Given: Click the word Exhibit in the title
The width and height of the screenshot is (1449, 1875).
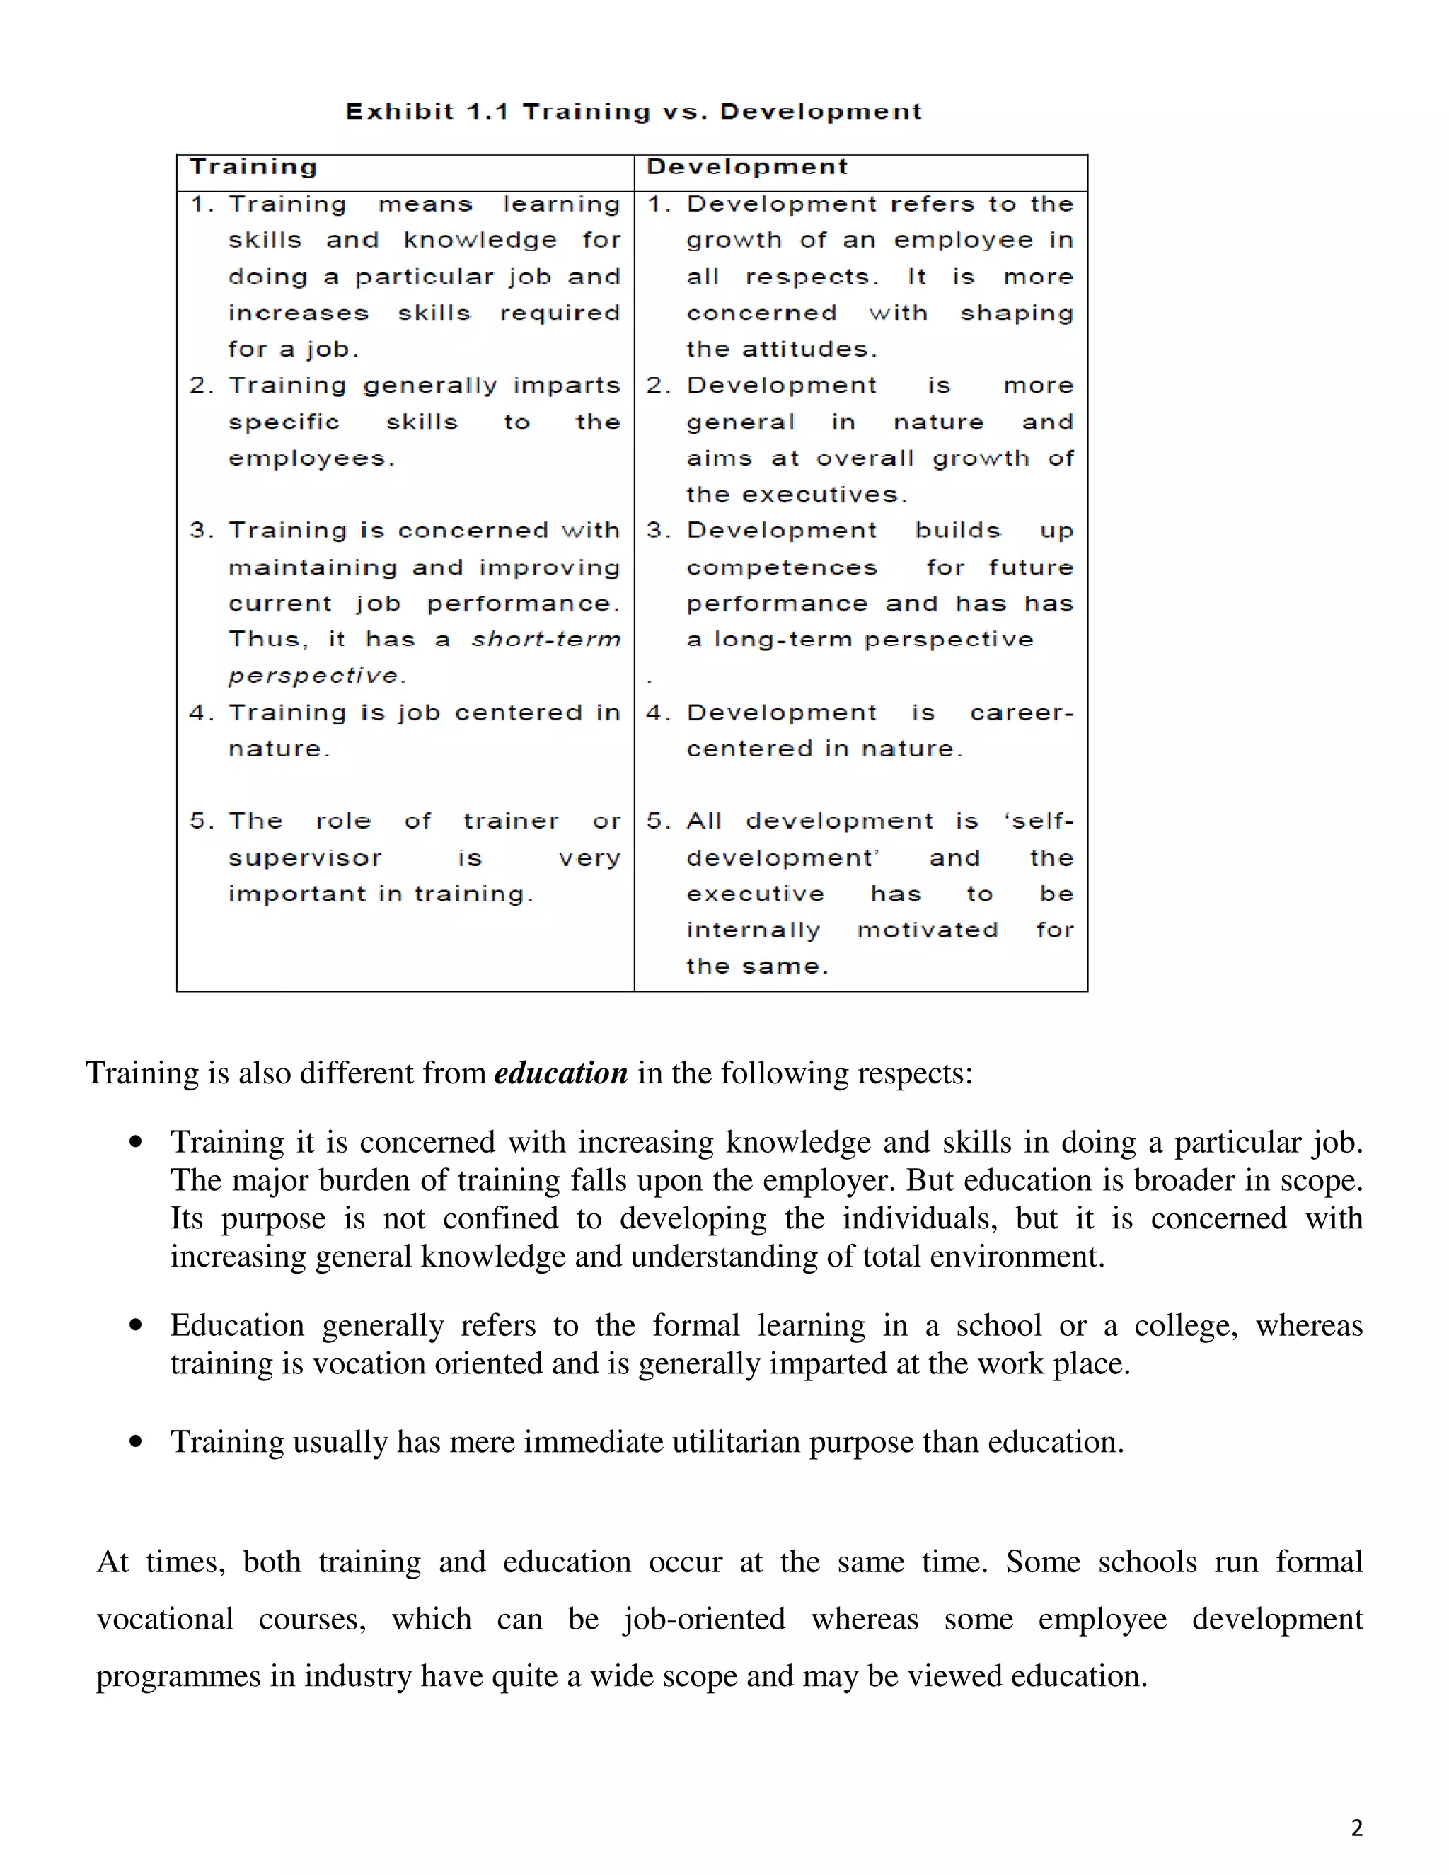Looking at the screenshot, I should pos(399,112).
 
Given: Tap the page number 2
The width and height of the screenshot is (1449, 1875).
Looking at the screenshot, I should pos(1356,1827).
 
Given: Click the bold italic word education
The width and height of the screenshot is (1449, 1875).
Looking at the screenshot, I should pos(560,1073).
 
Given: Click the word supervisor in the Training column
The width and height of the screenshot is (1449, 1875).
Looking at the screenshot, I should pos(305,858).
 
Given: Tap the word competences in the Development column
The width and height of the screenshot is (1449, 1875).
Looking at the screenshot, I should pos(781,568).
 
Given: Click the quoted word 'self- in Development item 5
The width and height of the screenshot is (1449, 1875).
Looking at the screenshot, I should pos(1038,821).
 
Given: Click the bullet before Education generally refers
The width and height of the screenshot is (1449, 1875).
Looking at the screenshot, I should pos(136,1325).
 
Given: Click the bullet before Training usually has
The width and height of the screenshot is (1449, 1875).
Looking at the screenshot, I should pos(136,1441).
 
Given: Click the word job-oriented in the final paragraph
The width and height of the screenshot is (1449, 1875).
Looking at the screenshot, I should pos(704,1619).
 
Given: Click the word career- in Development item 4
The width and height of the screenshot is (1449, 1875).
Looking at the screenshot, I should pos(1021,713).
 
